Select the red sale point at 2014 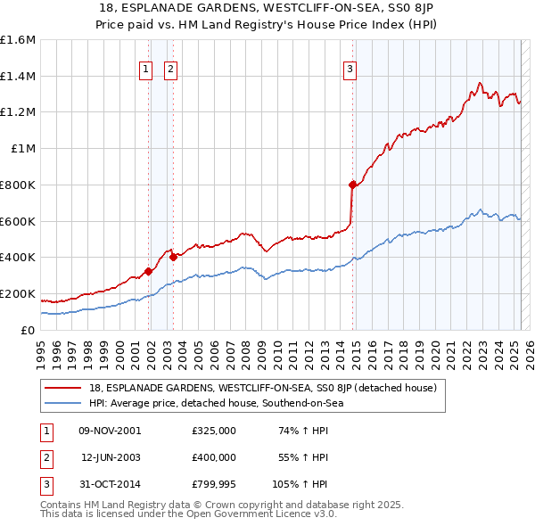coord(353,185)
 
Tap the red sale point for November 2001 coord(148,271)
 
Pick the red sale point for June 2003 coord(173,258)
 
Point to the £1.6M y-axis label coord(18,40)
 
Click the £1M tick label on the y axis coord(24,149)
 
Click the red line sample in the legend coord(63,388)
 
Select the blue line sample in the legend coord(63,403)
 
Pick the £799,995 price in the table coord(213,485)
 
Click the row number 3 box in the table coord(45,485)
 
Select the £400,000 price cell coord(213,458)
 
